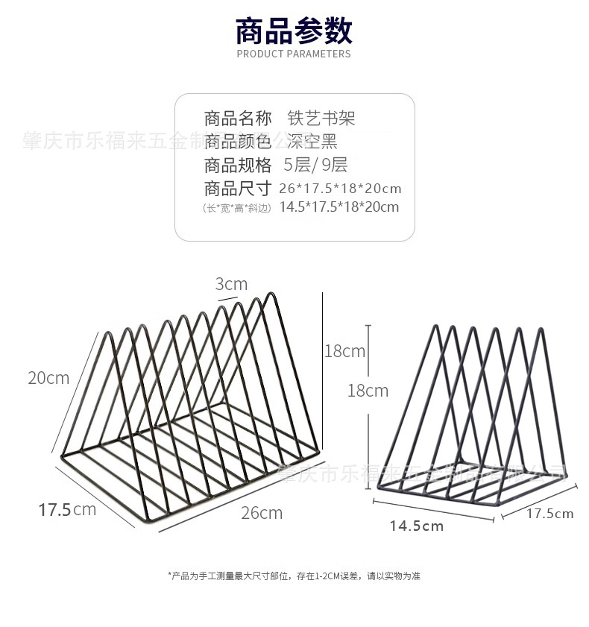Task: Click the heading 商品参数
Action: (294, 31)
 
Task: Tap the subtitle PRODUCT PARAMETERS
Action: (294, 54)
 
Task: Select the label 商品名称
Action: (238, 118)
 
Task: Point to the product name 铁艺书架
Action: (321, 118)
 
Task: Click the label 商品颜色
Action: (238, 141)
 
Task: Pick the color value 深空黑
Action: (312, 141)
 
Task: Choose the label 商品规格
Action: (238, 165)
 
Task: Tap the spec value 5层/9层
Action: (315, 165)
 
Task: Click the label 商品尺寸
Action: (238, 188)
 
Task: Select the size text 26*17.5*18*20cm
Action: (340, 188)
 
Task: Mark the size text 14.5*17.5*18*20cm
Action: (338, 207)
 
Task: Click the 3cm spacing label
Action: (231, 284)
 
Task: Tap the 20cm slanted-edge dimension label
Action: (48, 378)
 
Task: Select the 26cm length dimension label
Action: (262, 512)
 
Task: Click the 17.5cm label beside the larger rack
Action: (67, 510)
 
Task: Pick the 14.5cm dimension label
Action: (416, 526)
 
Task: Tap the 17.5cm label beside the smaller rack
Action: (550, 513)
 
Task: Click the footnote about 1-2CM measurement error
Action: (294, 576)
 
